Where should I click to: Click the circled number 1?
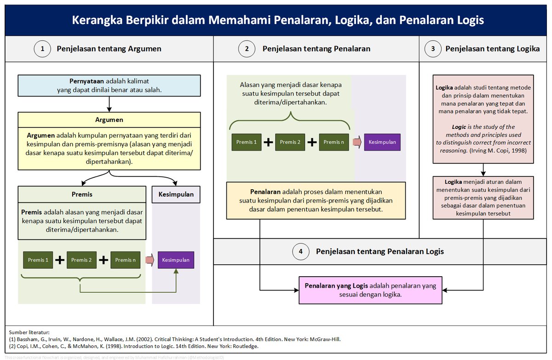pos(43,49)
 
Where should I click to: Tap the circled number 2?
pos(247,49)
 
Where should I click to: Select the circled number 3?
pos(433,49)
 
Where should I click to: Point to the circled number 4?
pos(301,251)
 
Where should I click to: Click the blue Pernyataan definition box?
pos(109,86)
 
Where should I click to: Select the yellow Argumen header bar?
pos(109,120)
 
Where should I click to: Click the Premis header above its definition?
pos(82,194)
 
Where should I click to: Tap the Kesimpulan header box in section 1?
pos(176,194)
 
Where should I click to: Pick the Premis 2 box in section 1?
pos(81,260)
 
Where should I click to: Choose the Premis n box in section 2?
pos(334,142)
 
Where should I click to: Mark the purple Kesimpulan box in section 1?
pos(176,260)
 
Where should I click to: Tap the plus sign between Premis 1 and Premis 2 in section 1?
pos(60,260)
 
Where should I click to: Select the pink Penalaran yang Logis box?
pos(370,290)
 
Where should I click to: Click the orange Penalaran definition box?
pos(316,201)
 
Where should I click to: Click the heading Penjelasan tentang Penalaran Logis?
pos(379,251)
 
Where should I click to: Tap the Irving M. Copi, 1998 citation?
pos(502,151)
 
